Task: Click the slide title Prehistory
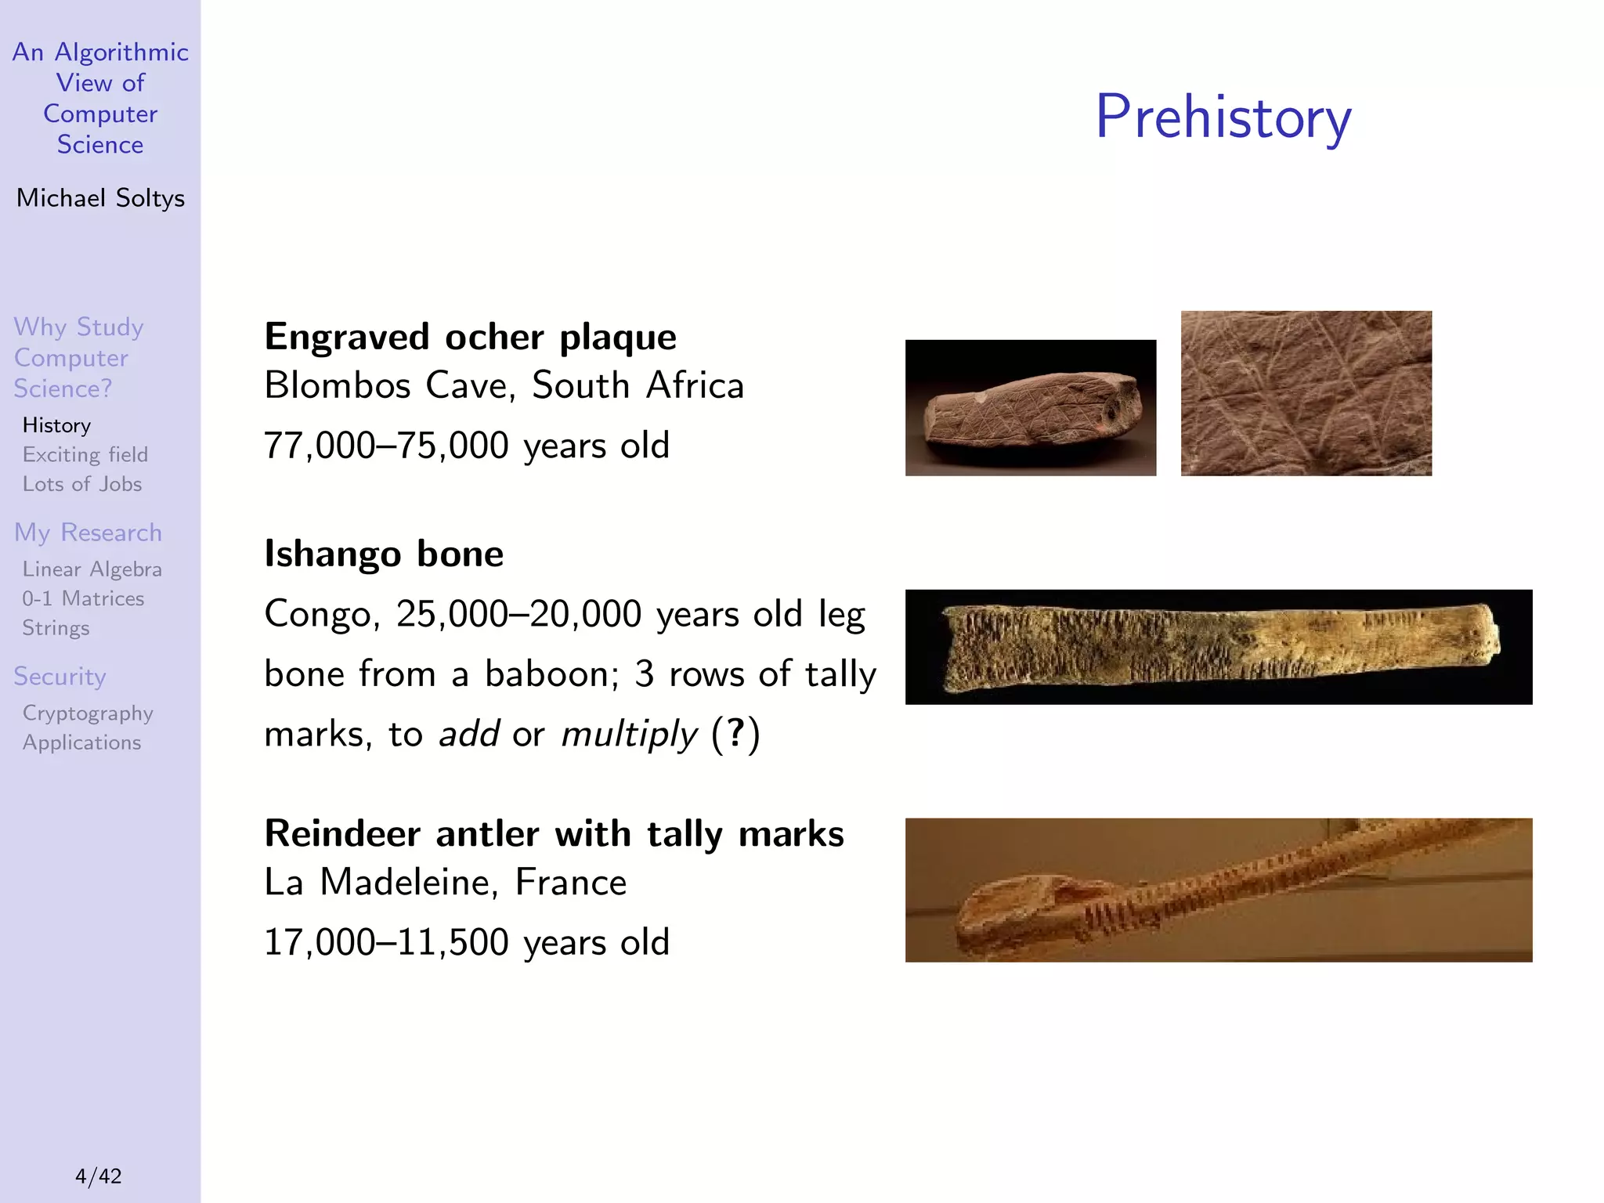[x=1223, y=117]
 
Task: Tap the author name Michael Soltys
[x=100, y=198]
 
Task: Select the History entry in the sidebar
[x=56, y=425]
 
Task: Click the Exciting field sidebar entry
[x=85, y=455]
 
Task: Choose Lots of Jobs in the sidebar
[x=82, y=484]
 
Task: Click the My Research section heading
[x=88, y=533]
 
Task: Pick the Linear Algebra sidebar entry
[x=92, y=569]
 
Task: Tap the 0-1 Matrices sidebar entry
[x=83, y=599]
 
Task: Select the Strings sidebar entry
[x=56, y=628]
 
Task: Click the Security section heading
[x=60, y=677]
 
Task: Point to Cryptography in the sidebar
[x=88, y=713]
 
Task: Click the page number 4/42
[x=99, y=1176]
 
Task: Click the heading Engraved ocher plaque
[x=470, y=338]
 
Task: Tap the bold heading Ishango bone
[x=384, y=554]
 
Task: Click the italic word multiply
[x=628, y=735]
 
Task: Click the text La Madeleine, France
[x=445, y=883]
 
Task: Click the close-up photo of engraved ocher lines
[x=1306, y=393]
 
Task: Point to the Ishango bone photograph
[x=1218, y=647]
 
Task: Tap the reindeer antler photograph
[x=1218, y=890]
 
